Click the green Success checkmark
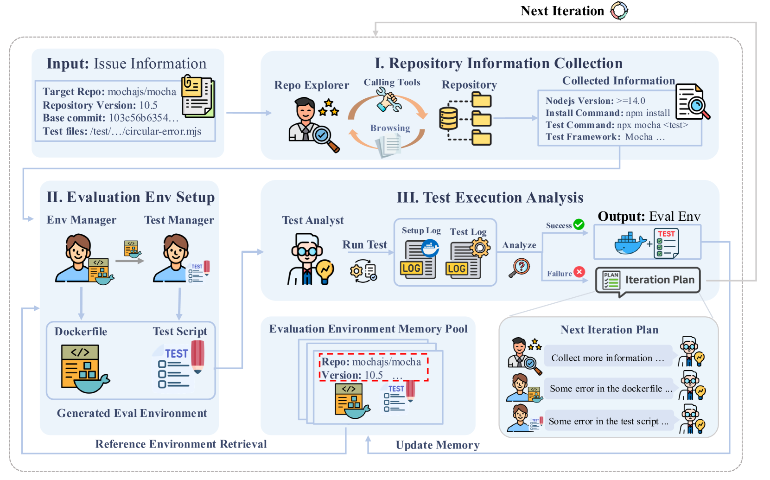click(x=579, y=224)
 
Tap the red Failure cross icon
click(x=579, y=272)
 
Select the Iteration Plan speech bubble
click(x=648, y=280)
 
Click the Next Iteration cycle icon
click(x=619, y=11)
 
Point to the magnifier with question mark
click(x=520, y=268)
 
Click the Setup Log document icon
click(x=419, y=260)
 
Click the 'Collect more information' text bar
click(x=608, y=358)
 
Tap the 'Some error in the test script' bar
click(x=609, y=421)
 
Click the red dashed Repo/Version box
click(x=373, y=368)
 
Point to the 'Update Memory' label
click(x=437, y=445)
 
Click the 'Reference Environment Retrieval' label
click(x=181, y=444)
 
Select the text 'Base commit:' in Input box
click(x=74, y=118)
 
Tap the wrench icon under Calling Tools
click(x=388, y=100)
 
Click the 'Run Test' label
click(x=364, y=245)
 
